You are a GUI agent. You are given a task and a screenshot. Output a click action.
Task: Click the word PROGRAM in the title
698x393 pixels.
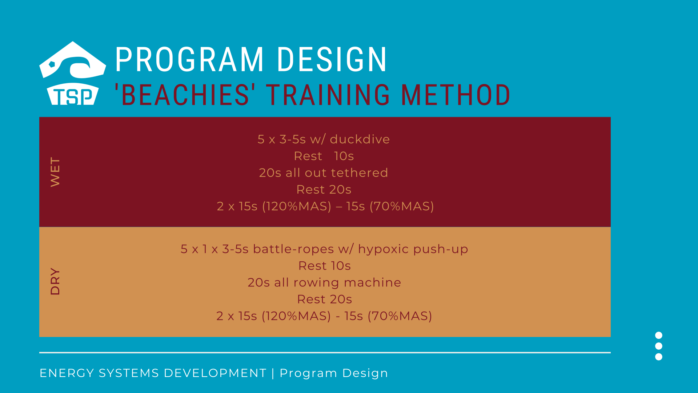(189, 59)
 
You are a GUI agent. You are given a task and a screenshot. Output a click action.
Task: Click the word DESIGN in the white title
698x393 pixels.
(332, 59)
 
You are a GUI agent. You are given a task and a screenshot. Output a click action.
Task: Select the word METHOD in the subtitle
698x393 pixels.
(456, 95)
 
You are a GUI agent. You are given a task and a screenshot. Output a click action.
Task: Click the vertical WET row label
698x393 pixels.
(55, 172)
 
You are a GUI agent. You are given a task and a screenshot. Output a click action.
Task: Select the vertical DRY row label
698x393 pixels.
(55, 281)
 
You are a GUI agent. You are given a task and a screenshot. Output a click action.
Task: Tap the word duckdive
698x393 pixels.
(360, 139)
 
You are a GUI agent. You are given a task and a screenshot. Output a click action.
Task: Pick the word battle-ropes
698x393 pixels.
(293, 249)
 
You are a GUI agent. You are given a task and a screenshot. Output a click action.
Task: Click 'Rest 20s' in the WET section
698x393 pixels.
(324, 190)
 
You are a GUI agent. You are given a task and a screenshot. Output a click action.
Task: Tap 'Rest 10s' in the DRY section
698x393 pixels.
(325, 266)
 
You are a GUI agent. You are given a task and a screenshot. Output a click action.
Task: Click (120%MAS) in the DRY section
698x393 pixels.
(296, 316)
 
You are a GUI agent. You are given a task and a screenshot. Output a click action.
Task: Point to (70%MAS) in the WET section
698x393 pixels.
(402, 206)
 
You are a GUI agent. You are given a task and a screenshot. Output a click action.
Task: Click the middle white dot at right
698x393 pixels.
(659, 346)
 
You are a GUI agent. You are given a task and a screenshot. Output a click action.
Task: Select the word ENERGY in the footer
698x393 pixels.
(67, 373)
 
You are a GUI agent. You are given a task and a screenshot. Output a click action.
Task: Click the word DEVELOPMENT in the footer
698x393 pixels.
(215, 373)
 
